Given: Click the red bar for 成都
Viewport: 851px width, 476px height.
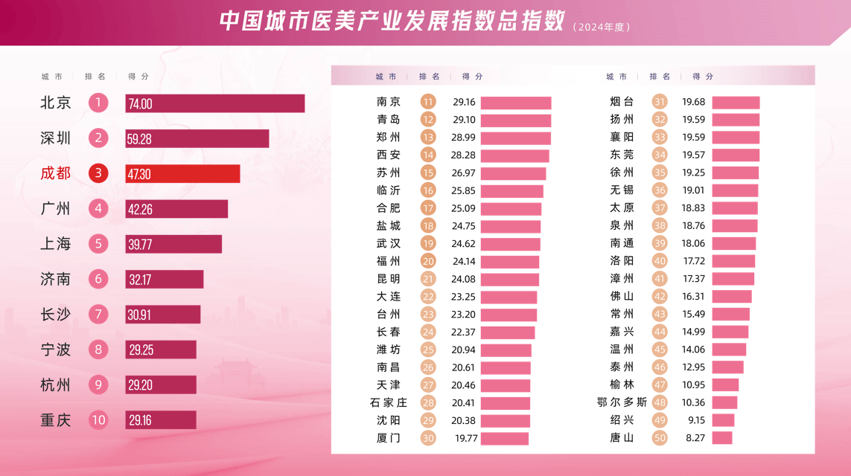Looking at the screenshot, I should coord(182,173).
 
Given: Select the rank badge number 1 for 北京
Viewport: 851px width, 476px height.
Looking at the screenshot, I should coord(98,103).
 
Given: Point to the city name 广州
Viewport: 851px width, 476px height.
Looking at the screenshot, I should coord(55,209).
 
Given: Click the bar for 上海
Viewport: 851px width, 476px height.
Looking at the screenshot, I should coord(173,244).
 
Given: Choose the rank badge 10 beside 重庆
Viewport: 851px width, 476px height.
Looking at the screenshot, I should coord(98,420).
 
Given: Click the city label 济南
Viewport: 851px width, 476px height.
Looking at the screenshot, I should coord(55,279).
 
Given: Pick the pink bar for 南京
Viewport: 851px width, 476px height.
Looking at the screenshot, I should coord(516,103).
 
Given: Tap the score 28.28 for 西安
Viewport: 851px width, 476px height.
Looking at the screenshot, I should coord(464,155).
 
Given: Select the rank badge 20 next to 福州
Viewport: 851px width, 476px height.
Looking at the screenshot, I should coord(428,261).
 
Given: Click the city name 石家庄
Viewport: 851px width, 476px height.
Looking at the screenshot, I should coord(389,403).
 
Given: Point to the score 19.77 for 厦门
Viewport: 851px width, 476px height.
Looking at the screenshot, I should coord(466,438).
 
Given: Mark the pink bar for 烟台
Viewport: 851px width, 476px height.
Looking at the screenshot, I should coord(736,103).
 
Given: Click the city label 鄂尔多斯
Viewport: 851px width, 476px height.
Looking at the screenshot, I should coord(622,402).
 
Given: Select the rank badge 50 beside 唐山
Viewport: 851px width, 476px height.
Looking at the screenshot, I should coord(660,438).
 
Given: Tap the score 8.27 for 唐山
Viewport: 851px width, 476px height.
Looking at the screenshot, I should coord(695,438).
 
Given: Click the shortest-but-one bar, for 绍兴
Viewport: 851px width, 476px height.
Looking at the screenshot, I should coord(723,420).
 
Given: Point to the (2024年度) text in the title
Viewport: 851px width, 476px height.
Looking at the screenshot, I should coord(602,27).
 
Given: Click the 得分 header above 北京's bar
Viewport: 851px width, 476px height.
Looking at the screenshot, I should coord(138,77).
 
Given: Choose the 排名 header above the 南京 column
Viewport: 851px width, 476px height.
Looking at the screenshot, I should coord(430,77).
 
